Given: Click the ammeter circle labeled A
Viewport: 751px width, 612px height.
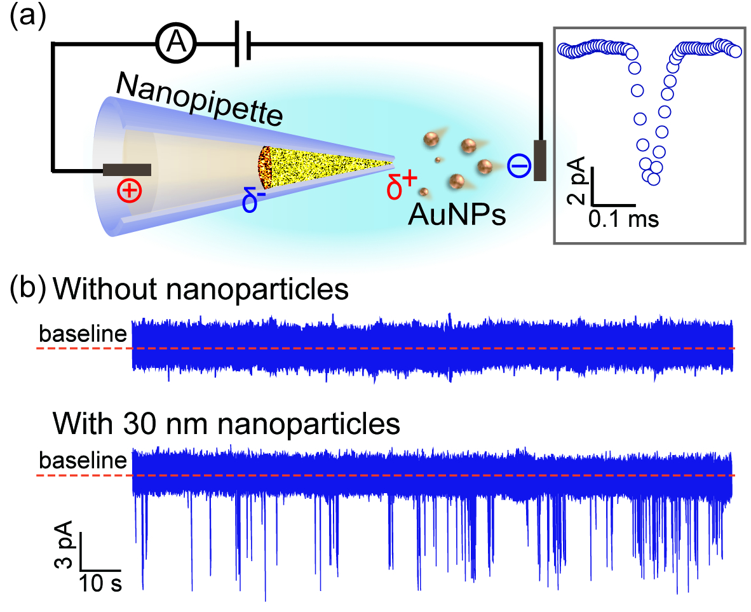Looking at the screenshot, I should [177, 44].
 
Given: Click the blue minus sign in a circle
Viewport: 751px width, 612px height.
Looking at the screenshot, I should [518, 166].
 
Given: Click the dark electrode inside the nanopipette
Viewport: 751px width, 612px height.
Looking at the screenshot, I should [127, 170].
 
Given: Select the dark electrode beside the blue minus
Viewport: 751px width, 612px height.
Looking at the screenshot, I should [540, 160].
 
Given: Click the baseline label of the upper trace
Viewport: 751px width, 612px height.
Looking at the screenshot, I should [83, 334].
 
